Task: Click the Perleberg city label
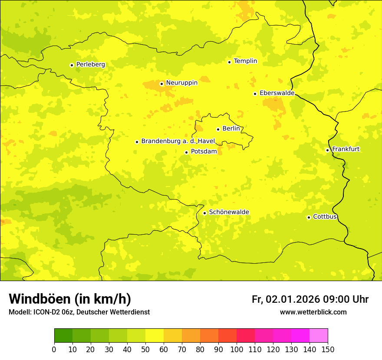click(90, 65)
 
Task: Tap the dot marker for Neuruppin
click(161, 84)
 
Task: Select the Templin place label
click(245, 61)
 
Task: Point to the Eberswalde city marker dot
click(255, 94)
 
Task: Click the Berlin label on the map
click(231, 128)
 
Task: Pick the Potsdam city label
click(204, 151)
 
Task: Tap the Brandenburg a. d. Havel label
click(178, 141)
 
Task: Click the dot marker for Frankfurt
click(327, 150)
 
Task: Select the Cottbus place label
click(325, 216)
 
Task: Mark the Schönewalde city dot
click(204, 213)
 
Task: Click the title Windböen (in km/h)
click(70, 299)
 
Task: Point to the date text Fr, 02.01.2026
click(286, 299)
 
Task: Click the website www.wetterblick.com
click(313, 312)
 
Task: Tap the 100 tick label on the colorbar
click(237, 349)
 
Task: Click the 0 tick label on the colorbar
click(54, 349)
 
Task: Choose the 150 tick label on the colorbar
click(327, 349)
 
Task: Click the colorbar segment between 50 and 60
click(155, 335)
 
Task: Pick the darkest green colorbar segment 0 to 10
click(63, 335)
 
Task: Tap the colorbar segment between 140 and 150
click(318, 335)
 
